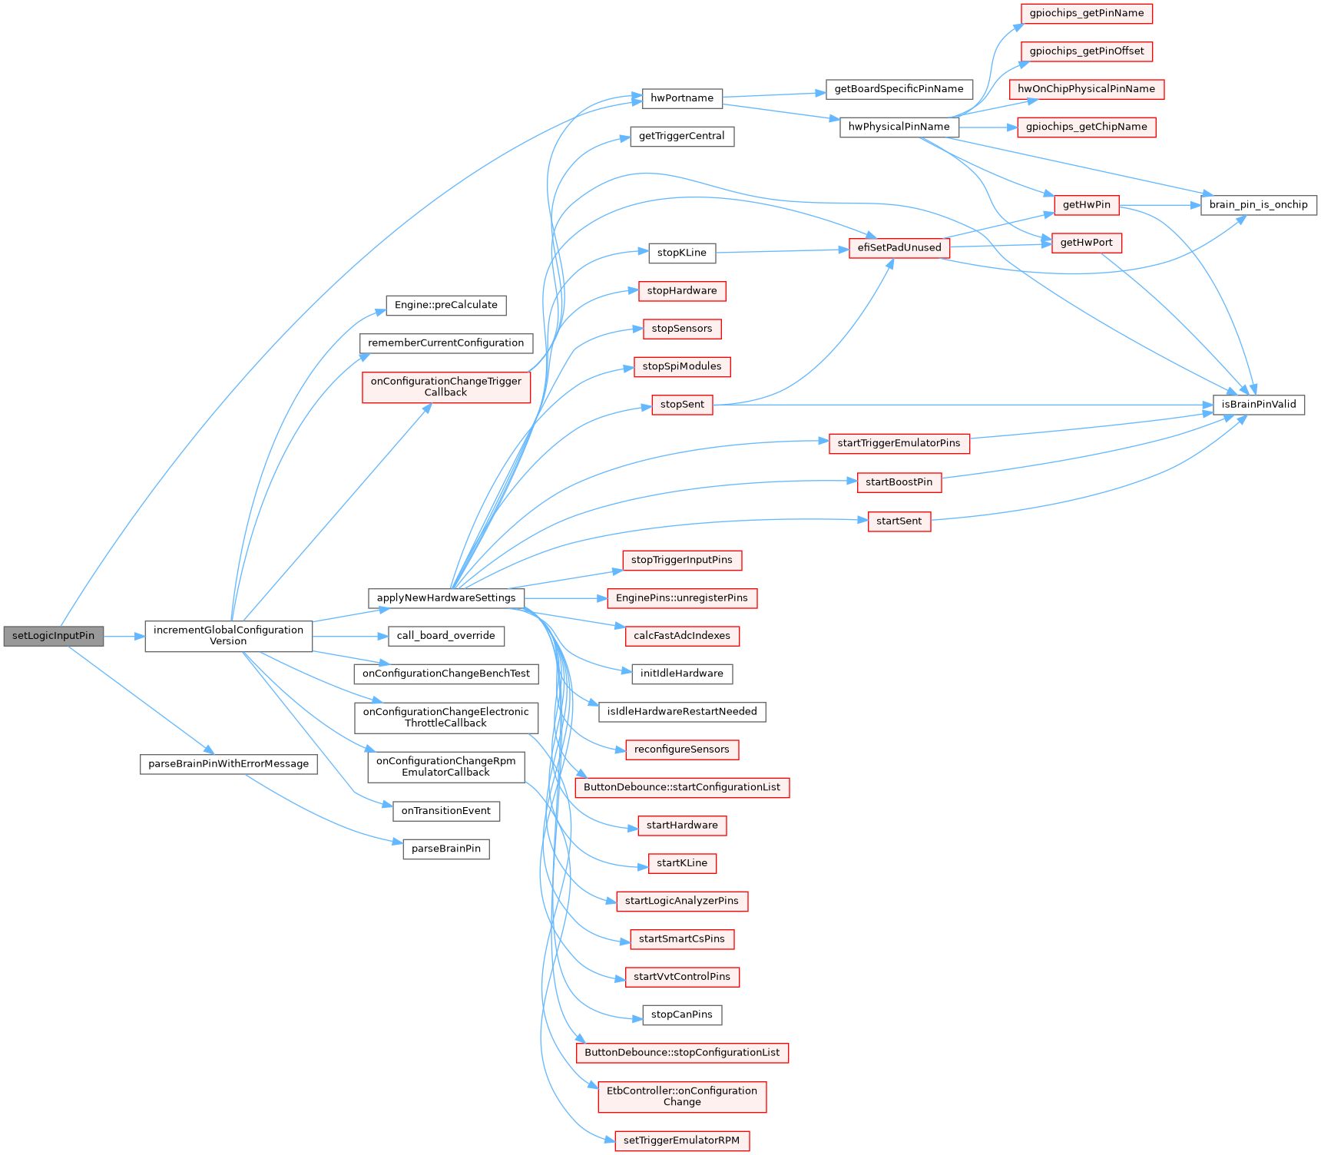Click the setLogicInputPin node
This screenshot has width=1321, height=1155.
tap(53, 636)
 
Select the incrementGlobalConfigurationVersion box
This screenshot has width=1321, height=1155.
tap(228, 636)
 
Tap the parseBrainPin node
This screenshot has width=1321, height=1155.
tap(445, 849)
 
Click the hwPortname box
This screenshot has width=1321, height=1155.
tap(681, 98)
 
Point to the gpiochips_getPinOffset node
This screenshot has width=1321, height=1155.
tap(1086, 51)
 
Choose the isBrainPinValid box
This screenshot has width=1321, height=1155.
tap(1258, 405)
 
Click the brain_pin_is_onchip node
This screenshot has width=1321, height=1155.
tap(1258, 205)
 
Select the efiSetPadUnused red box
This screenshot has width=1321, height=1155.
tap(899, 248)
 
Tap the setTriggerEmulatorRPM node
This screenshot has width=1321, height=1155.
tap(681, 1140)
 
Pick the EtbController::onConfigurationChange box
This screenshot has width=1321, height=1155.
tap(681, 1096)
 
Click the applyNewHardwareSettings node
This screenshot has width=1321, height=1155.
tap(445, 598)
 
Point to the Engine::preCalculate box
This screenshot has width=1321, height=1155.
tap(445, 305)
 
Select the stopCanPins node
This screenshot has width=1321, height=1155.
tap(681, 1014)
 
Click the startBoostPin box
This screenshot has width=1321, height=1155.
tap(899, 482)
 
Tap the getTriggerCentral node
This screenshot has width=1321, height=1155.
tap(681, 136)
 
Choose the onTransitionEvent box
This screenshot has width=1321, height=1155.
tap(445, 811)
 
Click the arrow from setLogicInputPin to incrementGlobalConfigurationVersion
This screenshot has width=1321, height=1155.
tap(124, 636)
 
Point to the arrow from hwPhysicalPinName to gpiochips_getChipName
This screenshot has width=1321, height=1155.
tap(988, 127)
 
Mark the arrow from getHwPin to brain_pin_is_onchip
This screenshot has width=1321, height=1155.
tap(1160, 205)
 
